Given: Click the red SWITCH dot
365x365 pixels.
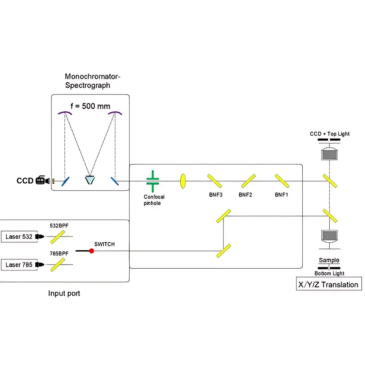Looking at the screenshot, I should pos(92,251).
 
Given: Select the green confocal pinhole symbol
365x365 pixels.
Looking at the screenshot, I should pos(153,181).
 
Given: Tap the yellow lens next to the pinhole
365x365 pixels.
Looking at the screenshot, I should pos(183,181).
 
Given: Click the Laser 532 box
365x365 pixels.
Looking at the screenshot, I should pos(19,237).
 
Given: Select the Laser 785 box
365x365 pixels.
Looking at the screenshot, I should pos(19,265).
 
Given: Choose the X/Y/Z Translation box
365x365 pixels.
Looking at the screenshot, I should pos(328,284).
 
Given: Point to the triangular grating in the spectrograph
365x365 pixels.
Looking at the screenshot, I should pos(89,180).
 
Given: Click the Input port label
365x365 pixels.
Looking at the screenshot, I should pos(64,293).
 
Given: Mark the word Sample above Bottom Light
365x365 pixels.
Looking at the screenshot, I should pos(329,260).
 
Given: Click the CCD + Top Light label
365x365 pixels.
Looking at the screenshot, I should pos(330,134).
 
